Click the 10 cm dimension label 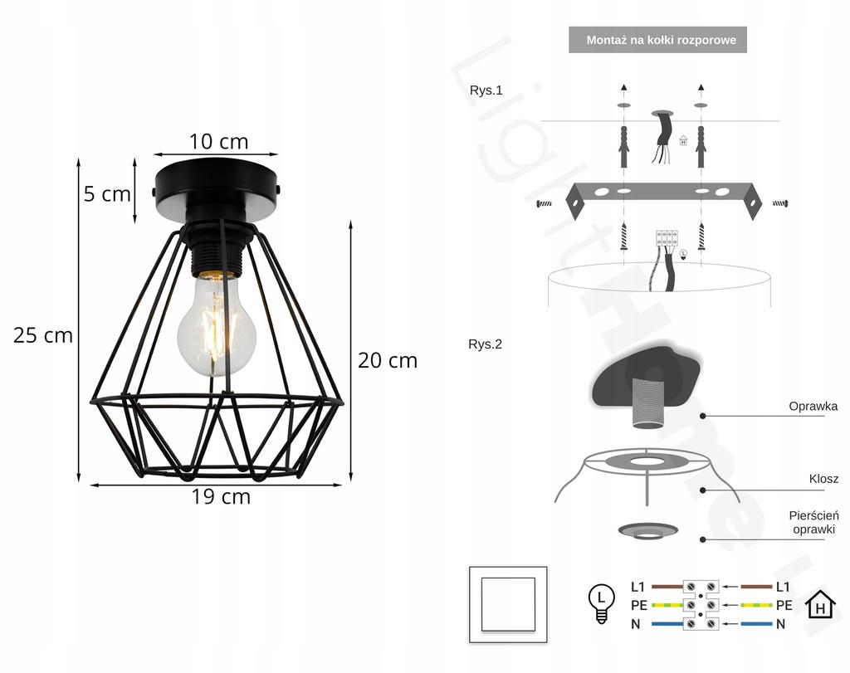click(x=218, y=141)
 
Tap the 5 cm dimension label click(x=107, y=194)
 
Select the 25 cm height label click(x=43, y=335)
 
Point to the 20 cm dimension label click(x=387, y=360)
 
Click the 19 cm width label click(x=221, y=497)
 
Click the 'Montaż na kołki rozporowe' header click(x=657, y=40)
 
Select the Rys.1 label click(x=486, y=90)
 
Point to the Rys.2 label click(x=486, y=344)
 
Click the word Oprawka click(x=813, y=407)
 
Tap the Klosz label click(x=823, y=479)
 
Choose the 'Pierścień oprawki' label click(x=813, y=522)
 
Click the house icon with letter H click(x=820, y=606)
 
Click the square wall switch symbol click(x=507, y=604)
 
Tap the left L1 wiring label click(x=637, y=587)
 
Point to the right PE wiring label click(x=784, y=605)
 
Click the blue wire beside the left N click(x=667, y=623)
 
